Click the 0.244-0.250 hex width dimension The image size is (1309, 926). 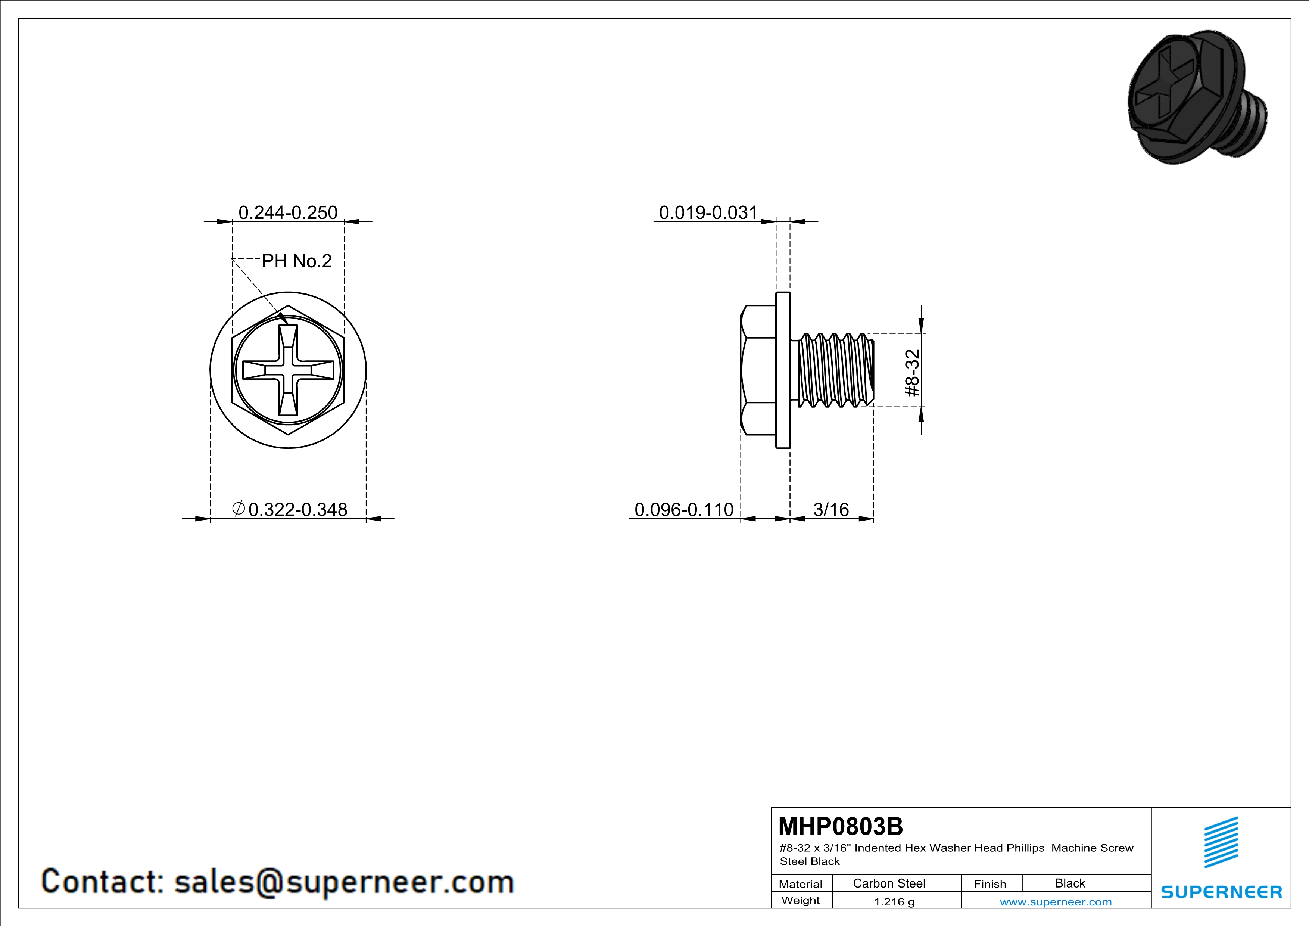(288, 213)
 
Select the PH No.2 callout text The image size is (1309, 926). (296, 261)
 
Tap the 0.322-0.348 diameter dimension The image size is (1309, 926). (297, 509)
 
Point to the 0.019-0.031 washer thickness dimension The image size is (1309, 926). (708, 213)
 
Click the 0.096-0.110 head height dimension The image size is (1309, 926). (684, 509)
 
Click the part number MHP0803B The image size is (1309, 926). (840, 826)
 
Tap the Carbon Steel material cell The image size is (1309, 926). (889, 883)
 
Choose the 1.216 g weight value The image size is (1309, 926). (894, 901)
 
